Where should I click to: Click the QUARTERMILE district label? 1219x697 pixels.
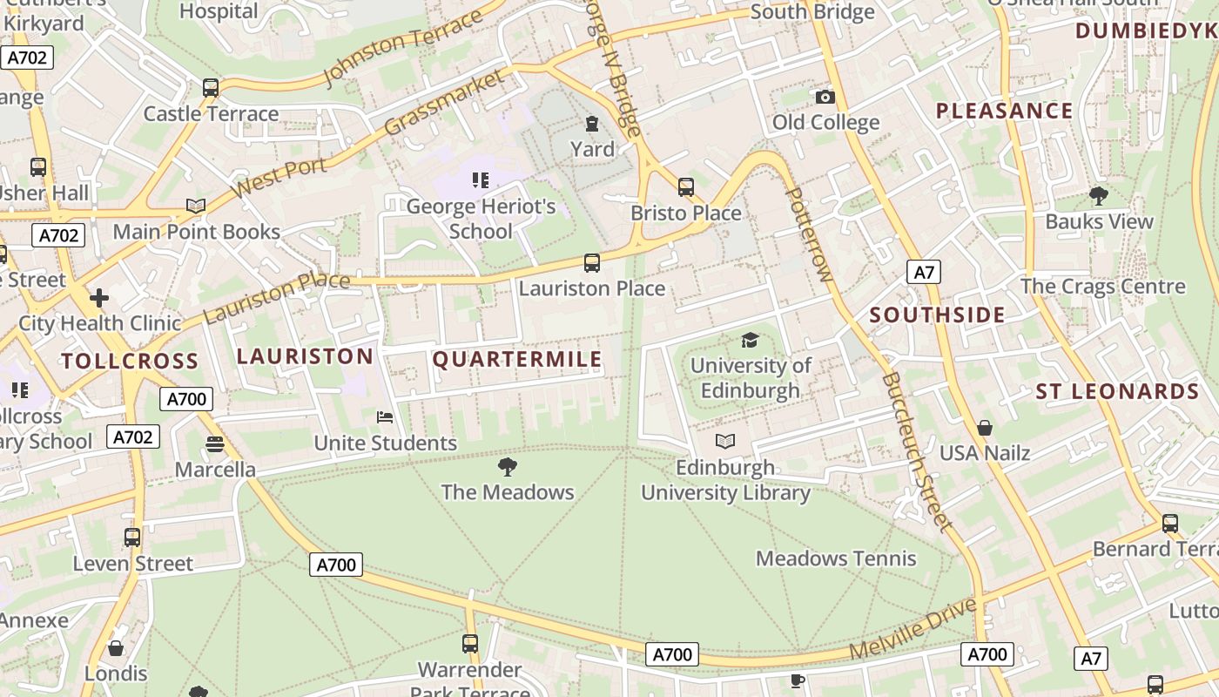(517, 360)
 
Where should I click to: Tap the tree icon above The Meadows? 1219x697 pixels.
(507, 468)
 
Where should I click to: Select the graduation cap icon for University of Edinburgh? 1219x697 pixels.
(750, 340)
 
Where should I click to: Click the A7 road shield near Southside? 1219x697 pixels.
(924, 273)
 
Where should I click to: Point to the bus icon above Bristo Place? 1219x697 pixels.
(686, 187)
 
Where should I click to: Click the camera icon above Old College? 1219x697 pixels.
(825, 98)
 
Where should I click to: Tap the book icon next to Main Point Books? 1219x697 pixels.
(196, 206)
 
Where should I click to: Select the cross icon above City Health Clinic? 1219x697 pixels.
(99, 298)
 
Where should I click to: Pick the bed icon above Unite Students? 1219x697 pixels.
(385, 417)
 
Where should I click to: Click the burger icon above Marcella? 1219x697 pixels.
(215, 444)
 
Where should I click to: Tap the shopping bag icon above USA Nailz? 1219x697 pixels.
(985, 428)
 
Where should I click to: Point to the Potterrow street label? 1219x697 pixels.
(808, 234)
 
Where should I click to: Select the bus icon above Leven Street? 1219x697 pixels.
(132, 538)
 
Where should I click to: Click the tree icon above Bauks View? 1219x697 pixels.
(1099, 196)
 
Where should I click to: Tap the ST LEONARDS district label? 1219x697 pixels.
(1117, 392)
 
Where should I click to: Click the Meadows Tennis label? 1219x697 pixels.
(836, 558)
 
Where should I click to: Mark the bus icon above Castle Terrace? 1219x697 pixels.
(211, 88)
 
